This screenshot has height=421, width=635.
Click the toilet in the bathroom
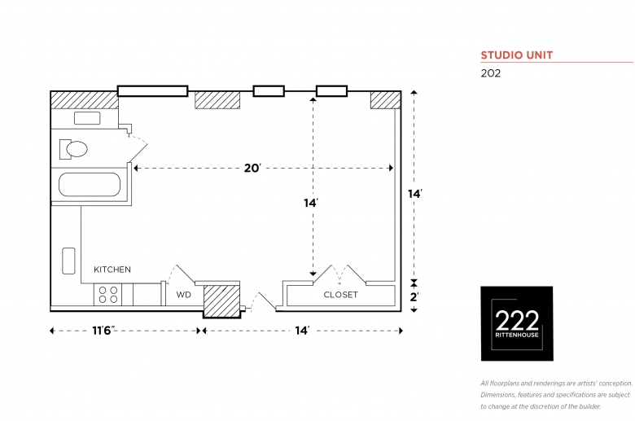[73, 149]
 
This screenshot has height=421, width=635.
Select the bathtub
[90, 185]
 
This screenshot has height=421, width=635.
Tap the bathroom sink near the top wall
[87, 118]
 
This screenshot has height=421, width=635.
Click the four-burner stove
[108, 295]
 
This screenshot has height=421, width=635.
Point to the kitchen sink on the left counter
[68, 261]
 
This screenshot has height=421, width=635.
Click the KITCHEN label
[112, 270]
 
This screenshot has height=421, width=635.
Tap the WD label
[183, 295]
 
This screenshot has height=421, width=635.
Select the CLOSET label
[340, 295]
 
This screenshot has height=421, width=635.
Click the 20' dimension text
[252, 168]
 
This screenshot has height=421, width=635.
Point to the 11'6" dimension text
[103, 331]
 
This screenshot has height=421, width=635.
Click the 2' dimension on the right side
[414, 297]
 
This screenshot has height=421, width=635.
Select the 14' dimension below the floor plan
[302, 331]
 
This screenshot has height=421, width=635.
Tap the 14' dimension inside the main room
[311, 203]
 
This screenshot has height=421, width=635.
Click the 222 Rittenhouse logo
[517, 323]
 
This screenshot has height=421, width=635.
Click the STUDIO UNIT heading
[517, 55]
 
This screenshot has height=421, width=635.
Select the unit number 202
[490, 73]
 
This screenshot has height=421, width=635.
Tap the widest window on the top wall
[153, 90]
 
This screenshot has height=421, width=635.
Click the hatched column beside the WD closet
[221, 300]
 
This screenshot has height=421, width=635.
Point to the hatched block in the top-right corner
[386, 100]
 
